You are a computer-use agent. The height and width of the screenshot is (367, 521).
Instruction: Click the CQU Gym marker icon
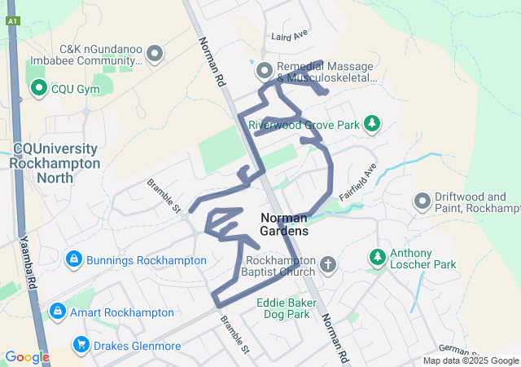[37, 89]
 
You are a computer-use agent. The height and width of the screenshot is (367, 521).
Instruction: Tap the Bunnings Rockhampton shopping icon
[74, 259]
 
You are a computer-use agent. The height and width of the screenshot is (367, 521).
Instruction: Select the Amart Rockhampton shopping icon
[57, 312]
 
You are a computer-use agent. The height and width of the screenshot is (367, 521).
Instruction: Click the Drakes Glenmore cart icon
[81, 345]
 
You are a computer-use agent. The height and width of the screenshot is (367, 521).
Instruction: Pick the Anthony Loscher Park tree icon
[378, 258]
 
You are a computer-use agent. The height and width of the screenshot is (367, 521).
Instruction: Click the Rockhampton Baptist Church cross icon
[327, 264]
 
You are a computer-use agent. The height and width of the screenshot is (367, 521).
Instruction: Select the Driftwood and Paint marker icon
[422, 200]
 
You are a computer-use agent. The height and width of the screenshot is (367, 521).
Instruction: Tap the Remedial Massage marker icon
[265, 72]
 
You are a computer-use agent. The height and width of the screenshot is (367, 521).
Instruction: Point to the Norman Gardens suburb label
[283, 224]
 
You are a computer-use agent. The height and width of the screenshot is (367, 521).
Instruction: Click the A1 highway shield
[12, 23]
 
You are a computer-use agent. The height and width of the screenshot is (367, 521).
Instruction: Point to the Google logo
[27, 357]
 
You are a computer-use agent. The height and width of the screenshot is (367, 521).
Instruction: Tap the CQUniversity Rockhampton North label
[57, 157]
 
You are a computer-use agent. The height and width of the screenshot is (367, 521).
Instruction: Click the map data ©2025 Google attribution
[471, 360]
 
